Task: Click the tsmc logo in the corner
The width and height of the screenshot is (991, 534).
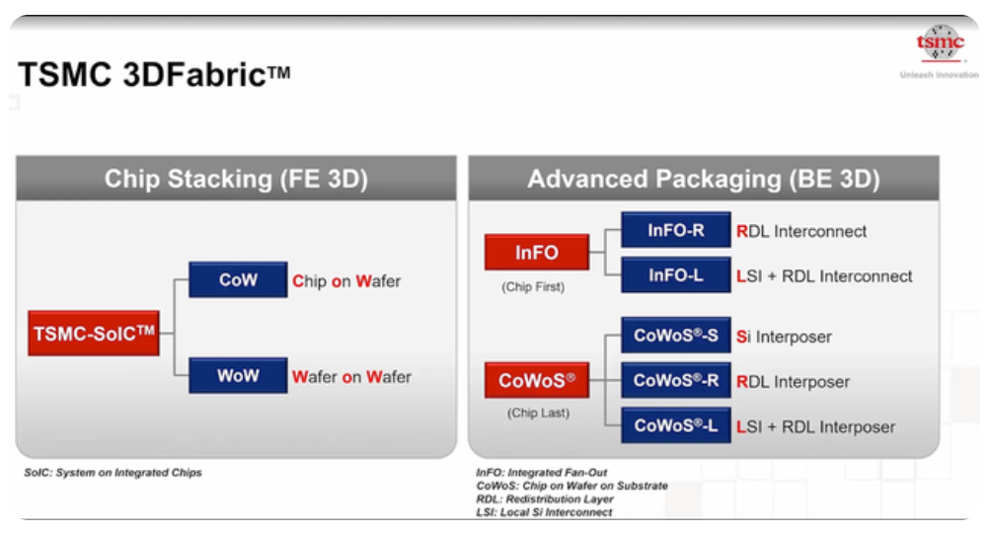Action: click(940, 43)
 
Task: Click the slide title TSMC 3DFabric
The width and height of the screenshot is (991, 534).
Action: click(154, 75)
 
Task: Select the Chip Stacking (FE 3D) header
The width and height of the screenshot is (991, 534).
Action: click(236, 179)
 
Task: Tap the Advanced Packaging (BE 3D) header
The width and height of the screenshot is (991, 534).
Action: click(704, 179)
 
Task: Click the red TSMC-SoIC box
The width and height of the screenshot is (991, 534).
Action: click(94, 333)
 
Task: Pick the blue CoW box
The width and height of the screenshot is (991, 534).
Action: click(238, 279)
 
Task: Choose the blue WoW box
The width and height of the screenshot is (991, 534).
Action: click(238, 375)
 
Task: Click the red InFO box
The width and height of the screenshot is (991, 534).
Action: click(537, 252)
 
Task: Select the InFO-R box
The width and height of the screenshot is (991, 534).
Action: click(675, 230)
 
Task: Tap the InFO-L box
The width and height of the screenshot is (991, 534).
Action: click(675, 275)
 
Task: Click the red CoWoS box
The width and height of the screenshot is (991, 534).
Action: click(537, 380)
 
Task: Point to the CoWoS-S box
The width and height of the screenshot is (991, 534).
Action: click(675, 335)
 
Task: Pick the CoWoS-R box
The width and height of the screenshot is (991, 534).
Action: click(675, 380)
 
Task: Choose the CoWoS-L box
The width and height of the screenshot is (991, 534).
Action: click(675, 425)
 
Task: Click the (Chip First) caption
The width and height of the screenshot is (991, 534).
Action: click(533, 287)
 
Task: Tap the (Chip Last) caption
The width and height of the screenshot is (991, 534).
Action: click(538, 413)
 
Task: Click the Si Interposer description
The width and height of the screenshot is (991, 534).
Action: click(784, 337)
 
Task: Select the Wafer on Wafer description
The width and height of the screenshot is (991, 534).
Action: click(351, 377)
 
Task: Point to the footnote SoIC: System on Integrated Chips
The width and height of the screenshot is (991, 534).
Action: click(113, 472)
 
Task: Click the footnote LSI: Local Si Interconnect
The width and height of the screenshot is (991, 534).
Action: click(544, 512)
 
